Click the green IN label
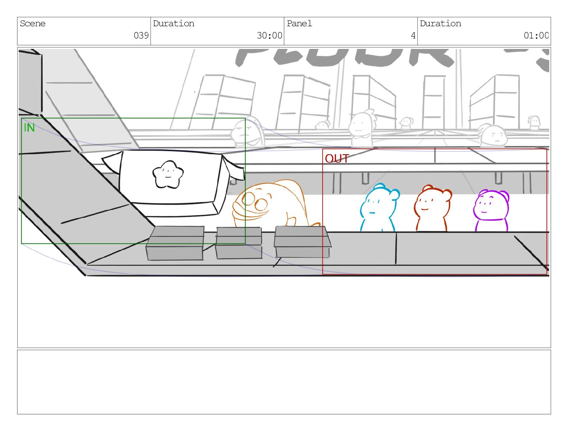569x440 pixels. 29,128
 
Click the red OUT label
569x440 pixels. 337,159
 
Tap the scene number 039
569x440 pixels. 141,36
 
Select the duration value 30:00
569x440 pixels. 269,36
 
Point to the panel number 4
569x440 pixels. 413,36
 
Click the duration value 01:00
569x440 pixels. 536,36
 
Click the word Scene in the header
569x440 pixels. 33,24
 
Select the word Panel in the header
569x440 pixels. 299,24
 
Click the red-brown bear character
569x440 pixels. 432,208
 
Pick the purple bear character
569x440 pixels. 491,210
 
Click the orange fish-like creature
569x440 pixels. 269,203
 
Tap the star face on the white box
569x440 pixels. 168,174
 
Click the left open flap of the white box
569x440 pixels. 112,162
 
